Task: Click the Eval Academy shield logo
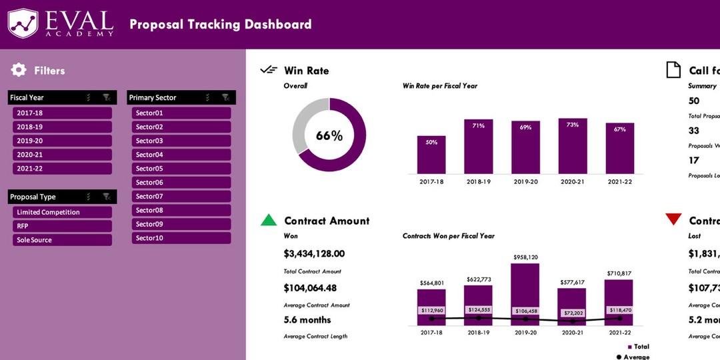coord(23,23)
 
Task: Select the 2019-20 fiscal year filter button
coord(62,141)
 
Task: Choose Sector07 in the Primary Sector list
coord(181,197)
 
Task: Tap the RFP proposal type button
coord(62,226)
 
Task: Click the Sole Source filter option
coord(62,240)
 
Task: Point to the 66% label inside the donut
coord(329,136)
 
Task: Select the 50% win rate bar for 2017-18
coord(431,155)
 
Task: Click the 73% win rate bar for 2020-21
coord(572,146)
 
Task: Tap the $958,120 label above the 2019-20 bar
coord(525,257)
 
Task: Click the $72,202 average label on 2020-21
coord(573,313)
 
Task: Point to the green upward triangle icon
coord(268,220)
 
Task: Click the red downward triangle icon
coord(673,219)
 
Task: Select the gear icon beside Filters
coord(19,70)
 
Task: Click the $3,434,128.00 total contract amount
coord(314,254)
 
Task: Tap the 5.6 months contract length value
coord(307,319)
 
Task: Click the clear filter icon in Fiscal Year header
coord(106,97)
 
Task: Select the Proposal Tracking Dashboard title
coord(220,25)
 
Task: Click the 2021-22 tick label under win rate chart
coord(619,181)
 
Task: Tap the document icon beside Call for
coord(674,70)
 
